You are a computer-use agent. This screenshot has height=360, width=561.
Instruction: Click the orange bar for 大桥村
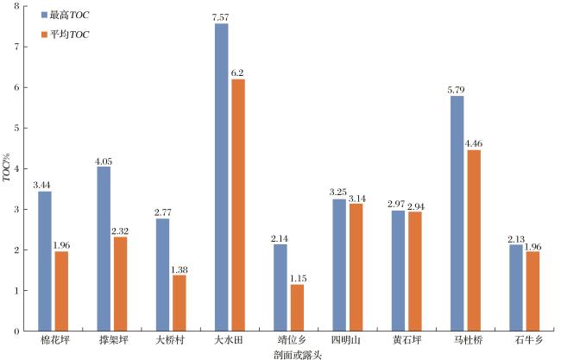point(180,302)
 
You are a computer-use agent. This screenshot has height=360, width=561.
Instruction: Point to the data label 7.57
point(222,16)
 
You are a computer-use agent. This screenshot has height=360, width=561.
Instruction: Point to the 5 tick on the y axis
point(17,128)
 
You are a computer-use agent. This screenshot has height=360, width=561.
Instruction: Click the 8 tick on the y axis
point(17,6)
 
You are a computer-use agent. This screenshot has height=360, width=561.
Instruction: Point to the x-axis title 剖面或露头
point(285,354)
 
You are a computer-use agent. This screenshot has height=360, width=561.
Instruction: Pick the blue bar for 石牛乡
point(515,287)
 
